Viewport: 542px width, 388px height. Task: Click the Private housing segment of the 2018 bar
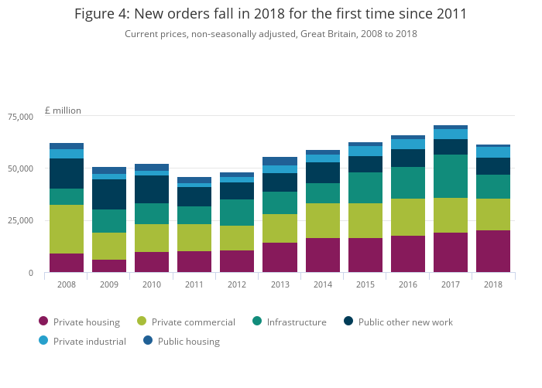click(493, 251)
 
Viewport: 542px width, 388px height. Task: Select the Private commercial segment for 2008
click(67, 229)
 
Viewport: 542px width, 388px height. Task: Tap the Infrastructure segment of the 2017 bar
click(451, 176)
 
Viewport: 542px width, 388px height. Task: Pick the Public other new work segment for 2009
click(109, 194)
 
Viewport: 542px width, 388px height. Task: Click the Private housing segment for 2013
click(280, 257)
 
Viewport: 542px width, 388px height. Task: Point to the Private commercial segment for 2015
click(365, 220)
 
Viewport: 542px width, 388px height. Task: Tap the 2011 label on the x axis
click(194, 284)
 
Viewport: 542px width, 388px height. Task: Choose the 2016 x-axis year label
click(408, 284)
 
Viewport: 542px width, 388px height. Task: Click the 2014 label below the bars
click(323, 284)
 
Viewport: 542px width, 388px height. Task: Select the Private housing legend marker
click(43, 322)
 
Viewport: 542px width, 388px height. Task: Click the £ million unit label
click(63, 111)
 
